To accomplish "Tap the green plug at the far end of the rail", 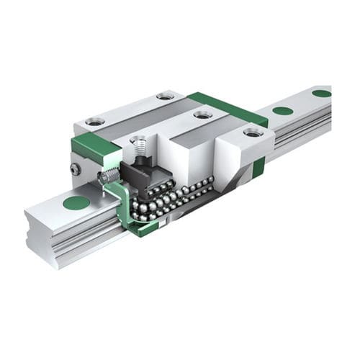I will tap(321, 93).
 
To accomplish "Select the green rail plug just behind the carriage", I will tap(283, 111).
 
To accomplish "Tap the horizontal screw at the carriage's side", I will tap(109, 176).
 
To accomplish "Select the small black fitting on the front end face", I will tap(75, 168).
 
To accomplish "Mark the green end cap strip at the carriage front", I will tap(94, 148).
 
